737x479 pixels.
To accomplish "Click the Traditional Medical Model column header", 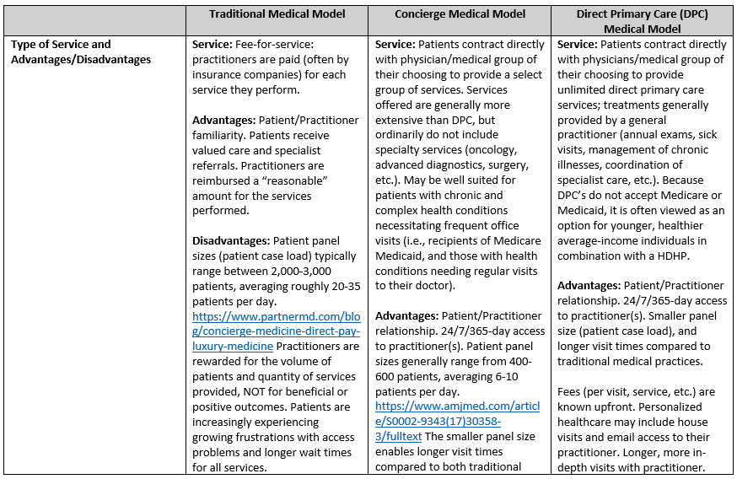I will (x=277, y=13).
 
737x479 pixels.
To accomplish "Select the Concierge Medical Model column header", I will (x=460, y=13).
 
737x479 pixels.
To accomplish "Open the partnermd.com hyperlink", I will (x=276, y=331).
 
